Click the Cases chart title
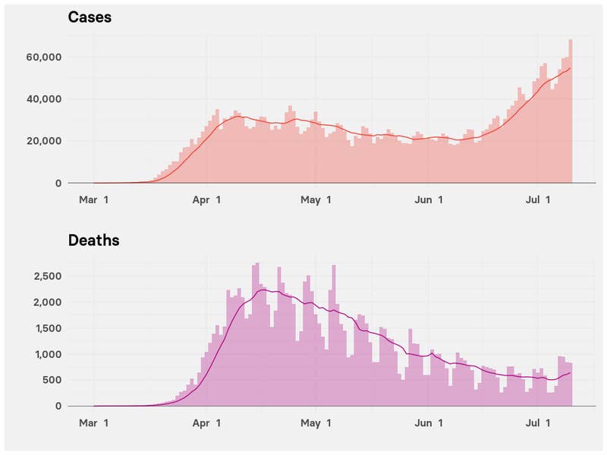[90, 17]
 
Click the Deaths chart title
[93, 240]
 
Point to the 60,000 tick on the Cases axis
[44, 58]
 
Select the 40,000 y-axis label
[44, 99]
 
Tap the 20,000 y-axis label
[44, 141]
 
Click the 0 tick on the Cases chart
[57, 183]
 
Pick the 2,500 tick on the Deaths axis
[48, 276]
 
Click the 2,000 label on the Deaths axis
[48, 303]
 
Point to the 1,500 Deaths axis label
[48, 328]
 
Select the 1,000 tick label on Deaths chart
[48, 354]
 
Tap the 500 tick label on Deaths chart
[52, 380]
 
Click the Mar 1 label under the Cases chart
[94, 200]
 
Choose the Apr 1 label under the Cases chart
[206, 200]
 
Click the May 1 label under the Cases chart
[316, 200]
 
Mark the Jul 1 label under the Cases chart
[538, 200]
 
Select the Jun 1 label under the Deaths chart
[429, 423]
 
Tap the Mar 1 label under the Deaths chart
[94, 423]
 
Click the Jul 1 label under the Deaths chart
[538, 423]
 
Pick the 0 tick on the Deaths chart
[57, 406]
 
